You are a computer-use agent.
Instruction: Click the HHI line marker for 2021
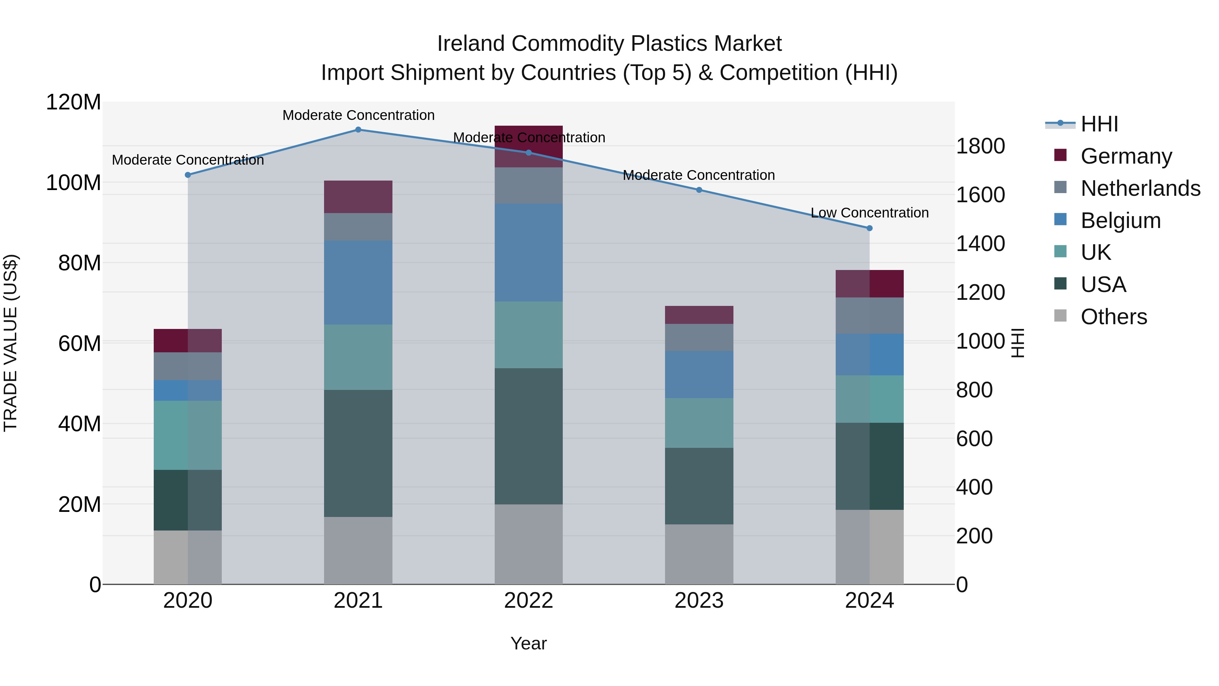(x=358, y=130)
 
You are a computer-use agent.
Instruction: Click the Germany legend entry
(x=1126, y=156)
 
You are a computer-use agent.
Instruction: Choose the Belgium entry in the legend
(x=1120, y=221)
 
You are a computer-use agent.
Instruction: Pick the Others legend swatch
(x=1061, y=316)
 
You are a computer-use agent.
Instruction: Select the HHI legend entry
(x=1099, y=124)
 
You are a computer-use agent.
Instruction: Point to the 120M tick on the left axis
(x=73, y=102)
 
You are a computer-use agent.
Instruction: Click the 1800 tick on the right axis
(x=981, y=146)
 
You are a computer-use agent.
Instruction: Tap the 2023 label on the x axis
(x=699, y=601)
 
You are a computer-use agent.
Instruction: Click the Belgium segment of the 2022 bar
(x=529, y=253)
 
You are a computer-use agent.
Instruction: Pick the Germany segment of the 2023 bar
(x=699, y=315)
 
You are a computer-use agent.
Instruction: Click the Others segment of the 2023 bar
(x=699, y=554)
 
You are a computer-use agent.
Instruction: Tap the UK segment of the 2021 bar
(x=358, y=357)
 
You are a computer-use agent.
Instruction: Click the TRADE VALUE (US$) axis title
(x=10, y=343)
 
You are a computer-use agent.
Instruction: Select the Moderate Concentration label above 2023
(x=699, y=175)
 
